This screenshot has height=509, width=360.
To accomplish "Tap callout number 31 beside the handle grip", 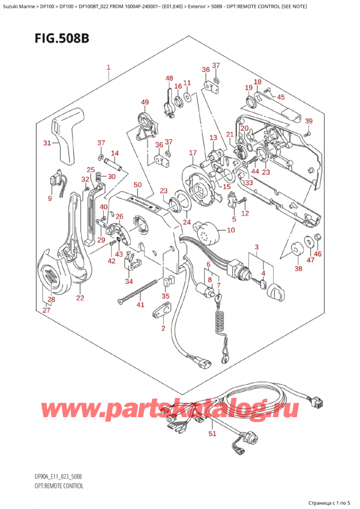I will click(47, 143).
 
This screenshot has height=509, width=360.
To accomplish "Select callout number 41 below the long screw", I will click(140, 305).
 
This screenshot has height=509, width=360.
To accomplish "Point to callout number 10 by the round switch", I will click(232, 230).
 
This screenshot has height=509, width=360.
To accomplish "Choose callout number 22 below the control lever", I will click(80, 298).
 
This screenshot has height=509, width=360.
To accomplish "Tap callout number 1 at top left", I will click(108, 67).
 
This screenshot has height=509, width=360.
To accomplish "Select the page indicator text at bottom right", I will click(329, 501).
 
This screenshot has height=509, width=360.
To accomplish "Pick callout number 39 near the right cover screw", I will click(308, 121).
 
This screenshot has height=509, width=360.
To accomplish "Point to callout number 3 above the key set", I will click(256, 248).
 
